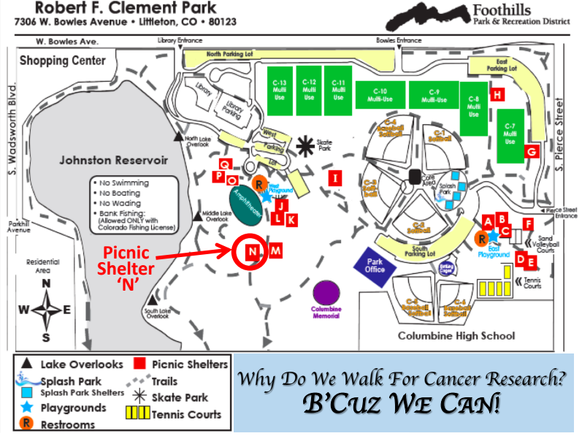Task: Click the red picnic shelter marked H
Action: point(497,94)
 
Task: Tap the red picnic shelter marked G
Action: point(532,151)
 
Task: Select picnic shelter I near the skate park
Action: point(335,177)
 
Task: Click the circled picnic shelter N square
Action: point(251,253)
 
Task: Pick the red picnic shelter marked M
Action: point(275,251)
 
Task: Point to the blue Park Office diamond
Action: point(375,264)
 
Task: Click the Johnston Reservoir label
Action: point(113,159)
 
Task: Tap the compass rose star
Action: point(45,310)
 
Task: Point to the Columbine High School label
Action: point(456,336)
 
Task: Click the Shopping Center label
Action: point(63,61)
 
